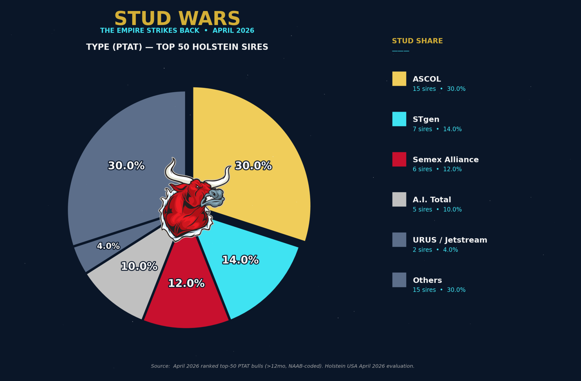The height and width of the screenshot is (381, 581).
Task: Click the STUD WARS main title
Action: tap(177, 19)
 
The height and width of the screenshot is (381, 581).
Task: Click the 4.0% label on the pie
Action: tap(108, 246)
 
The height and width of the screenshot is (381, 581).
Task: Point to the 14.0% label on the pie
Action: tap(240, 260)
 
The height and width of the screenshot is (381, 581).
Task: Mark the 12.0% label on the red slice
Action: tap(186, 283)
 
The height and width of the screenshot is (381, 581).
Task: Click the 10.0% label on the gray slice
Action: tap(139, 266)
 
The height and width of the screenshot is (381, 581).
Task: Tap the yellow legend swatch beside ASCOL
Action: tap(399, 79)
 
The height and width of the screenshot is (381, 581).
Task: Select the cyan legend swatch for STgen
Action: tap(399, 119)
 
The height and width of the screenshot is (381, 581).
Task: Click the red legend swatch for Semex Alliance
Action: tap(399, 159)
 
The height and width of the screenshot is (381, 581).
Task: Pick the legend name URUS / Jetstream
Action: tap(450, 240)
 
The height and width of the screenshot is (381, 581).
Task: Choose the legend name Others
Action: tap(427, 280)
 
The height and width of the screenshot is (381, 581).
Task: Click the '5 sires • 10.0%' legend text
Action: tap(437, 209)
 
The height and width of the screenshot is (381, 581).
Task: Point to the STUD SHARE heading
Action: tap(417, 41)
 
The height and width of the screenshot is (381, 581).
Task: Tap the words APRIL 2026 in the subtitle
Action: tap(233, 30)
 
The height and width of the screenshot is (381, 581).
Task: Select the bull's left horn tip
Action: tap(173, 159)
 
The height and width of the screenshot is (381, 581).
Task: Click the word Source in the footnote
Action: tap(160, 366)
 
